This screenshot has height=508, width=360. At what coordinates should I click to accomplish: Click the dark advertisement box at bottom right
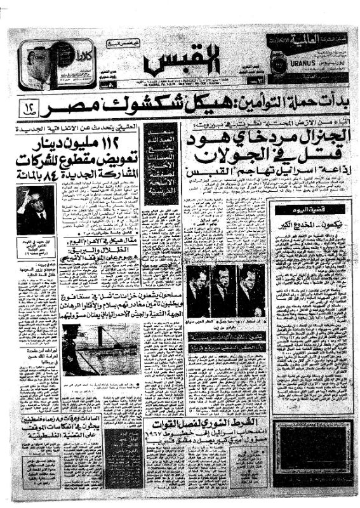[308, 461]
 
